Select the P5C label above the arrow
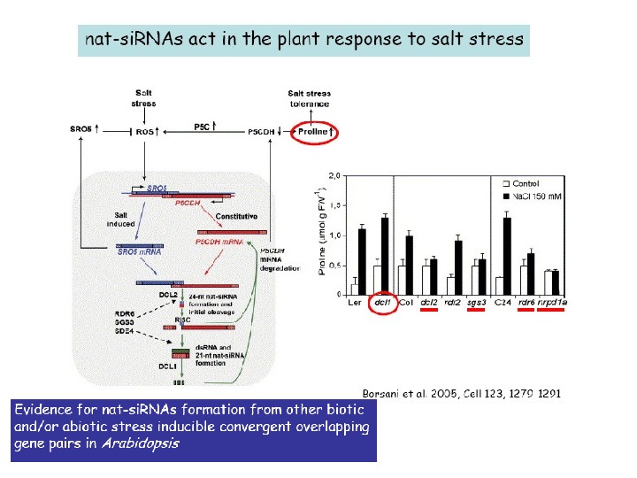[x=203, y=126]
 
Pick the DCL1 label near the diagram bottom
[x=169, y=365]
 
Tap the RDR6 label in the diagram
[x=124, y=312]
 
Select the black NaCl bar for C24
[x=506, y=256]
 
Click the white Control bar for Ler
[x=355, y=289]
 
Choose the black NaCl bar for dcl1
[x=385, y=256]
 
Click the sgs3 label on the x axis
[x=477, y=303]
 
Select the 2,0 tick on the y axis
[x=335, y=175]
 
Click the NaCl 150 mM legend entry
[x=539, y=194]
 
